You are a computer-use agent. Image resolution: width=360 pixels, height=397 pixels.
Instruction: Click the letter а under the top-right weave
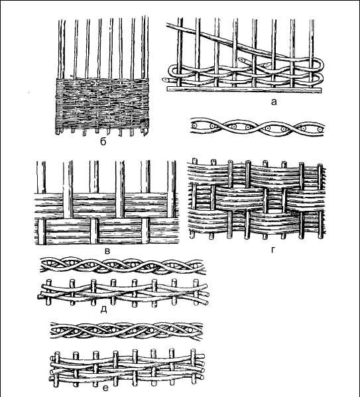[274, 102]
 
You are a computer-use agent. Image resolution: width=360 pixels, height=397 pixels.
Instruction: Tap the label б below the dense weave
[103, 142]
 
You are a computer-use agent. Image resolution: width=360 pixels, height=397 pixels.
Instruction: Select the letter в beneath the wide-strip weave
[107, 251]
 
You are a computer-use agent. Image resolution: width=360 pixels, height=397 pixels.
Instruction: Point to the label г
[272, 250]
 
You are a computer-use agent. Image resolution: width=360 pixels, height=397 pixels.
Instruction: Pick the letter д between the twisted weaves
[103, 310]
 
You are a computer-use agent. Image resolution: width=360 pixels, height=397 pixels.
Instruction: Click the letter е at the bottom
[105, 388]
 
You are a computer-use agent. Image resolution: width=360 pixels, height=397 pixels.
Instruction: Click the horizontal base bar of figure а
[244, 89]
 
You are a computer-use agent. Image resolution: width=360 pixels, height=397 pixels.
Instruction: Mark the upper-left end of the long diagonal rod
[168, 25]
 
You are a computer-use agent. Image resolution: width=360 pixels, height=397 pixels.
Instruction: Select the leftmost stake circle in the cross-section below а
[195, 125]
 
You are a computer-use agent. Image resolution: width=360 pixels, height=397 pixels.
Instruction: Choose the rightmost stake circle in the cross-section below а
[320, 129]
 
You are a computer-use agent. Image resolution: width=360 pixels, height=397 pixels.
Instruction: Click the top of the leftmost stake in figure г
[194, 160]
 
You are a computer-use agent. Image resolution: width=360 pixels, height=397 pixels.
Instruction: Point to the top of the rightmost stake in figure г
[320, 166]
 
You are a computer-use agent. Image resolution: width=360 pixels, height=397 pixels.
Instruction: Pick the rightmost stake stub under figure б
[145, 132]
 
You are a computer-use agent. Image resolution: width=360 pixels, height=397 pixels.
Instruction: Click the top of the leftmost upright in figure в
[41, 162]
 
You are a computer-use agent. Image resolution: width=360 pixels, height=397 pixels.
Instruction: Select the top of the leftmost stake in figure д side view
[49, 281]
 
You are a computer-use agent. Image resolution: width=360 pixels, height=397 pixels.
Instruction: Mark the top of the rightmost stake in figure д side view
[196, 281]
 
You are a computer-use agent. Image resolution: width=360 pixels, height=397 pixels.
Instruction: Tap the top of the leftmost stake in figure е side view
[58, 353]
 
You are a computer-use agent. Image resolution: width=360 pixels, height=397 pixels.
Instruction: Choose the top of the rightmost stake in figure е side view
[194, 351]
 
